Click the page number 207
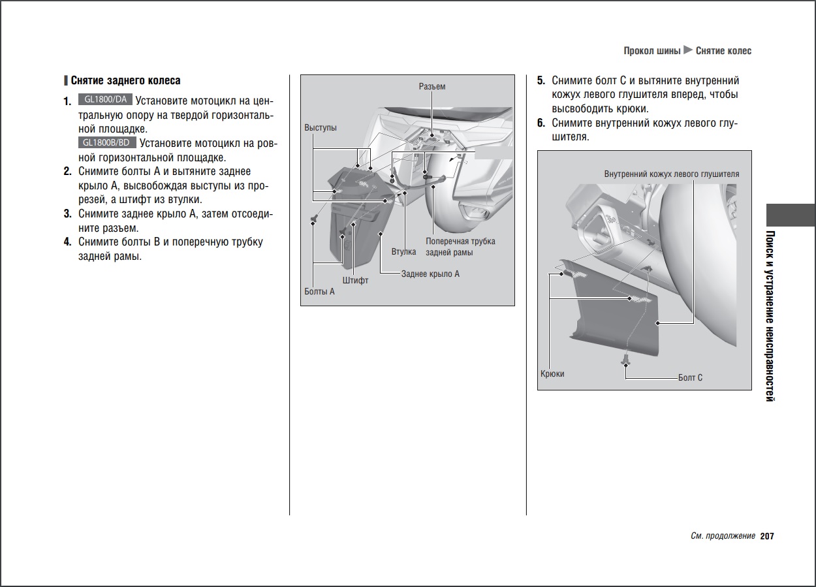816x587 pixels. click(x=767, y=536)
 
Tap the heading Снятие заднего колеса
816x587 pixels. click(x=125, y=81)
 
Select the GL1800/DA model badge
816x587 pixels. click(x=105, y=100)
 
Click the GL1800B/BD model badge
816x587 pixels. click(x=108, y=143)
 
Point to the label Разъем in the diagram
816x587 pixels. click(x=432, y=86)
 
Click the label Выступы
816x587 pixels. click(x=321, y=127)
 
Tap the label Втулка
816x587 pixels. click(x=403, y=251)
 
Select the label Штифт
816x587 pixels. click(x=355, y=280)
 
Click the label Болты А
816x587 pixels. click(x=319, y=291)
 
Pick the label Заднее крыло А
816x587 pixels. click(x=430, y=274)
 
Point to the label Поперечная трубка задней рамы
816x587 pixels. click(x=460, y=246)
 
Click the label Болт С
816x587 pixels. click(x=691, y=377)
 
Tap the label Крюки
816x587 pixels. click(x=552, y=374)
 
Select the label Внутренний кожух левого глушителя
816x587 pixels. click(x=672, y=174)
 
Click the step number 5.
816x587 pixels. click(x=541, y=81)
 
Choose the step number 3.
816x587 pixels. click(x=67, y=214)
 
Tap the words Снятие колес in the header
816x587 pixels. click(x=723, y=51)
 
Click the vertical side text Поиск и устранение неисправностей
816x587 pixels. click(x=770, y=316)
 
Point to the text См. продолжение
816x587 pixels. click(x=723, y=536)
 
